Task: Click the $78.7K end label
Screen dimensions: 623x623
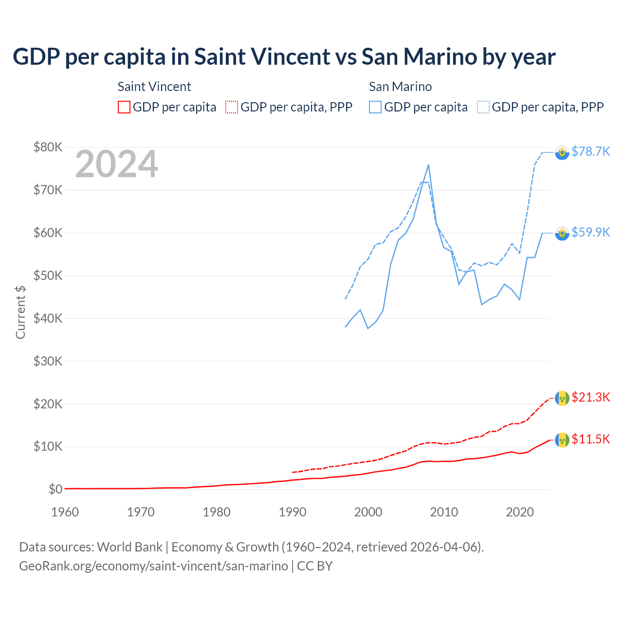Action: point(590,152)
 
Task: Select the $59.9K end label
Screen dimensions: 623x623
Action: point(590,233)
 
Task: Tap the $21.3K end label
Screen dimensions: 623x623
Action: point(590,398)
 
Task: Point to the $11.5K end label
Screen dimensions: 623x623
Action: point(590,440)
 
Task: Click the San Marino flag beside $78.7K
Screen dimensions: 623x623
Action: point(562,152)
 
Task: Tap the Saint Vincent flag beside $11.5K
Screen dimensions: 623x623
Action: point(562,440)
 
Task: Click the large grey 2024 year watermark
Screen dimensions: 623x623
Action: point(116,164)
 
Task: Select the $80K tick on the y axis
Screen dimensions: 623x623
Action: point(48,147)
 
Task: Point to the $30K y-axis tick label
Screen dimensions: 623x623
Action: point(48,361)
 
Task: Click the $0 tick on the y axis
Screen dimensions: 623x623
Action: point(55,489)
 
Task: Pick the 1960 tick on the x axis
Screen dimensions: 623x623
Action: point(65,512)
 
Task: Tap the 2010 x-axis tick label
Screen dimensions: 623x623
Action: point(444,512)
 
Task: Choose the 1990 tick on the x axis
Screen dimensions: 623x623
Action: point(293,512)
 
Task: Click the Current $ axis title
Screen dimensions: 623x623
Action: point(20,312)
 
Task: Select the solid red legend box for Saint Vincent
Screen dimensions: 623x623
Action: point(124,107)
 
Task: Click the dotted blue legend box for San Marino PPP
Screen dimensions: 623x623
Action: point(483,107)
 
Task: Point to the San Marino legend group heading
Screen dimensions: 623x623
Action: point(400,87)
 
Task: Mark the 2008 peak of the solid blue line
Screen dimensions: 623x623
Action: point(428,165)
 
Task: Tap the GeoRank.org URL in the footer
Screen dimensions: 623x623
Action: point(153,566)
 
